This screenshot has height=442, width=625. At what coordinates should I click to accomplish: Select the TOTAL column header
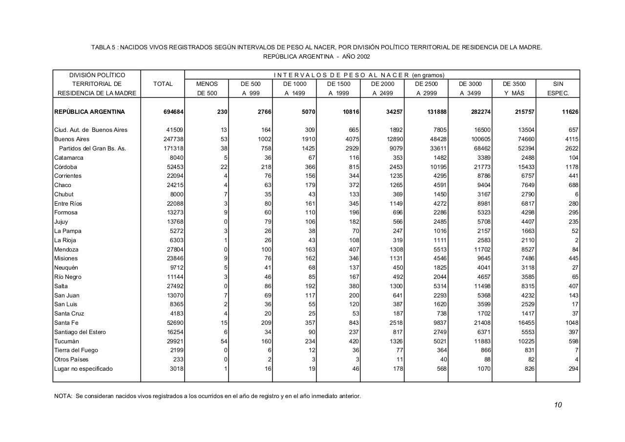coord(163,84)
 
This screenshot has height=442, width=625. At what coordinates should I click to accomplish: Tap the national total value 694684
coord(173,112)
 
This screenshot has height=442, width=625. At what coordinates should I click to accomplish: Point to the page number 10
coord(558,405)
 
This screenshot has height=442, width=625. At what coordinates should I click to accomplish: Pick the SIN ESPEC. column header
coord(558,88)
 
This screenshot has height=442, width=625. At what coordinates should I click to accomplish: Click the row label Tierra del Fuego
coord(76,350)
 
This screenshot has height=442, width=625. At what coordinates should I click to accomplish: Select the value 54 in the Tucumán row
coord(224,341)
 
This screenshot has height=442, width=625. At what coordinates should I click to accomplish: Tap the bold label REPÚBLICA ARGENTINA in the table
coord(89,112)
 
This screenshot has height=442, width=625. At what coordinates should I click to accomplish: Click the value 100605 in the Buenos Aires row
coord(479,139)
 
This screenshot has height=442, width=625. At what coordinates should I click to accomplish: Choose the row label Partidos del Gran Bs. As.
coord(92,148)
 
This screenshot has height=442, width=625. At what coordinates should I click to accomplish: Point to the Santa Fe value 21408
coord(481,323)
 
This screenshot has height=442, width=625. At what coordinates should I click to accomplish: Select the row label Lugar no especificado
coord(83,369)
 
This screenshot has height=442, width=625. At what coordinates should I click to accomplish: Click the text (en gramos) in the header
coord(428,75)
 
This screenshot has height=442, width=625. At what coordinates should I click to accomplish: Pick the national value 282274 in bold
coord(479,112)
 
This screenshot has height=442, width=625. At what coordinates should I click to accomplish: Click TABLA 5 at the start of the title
coord(103,47)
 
